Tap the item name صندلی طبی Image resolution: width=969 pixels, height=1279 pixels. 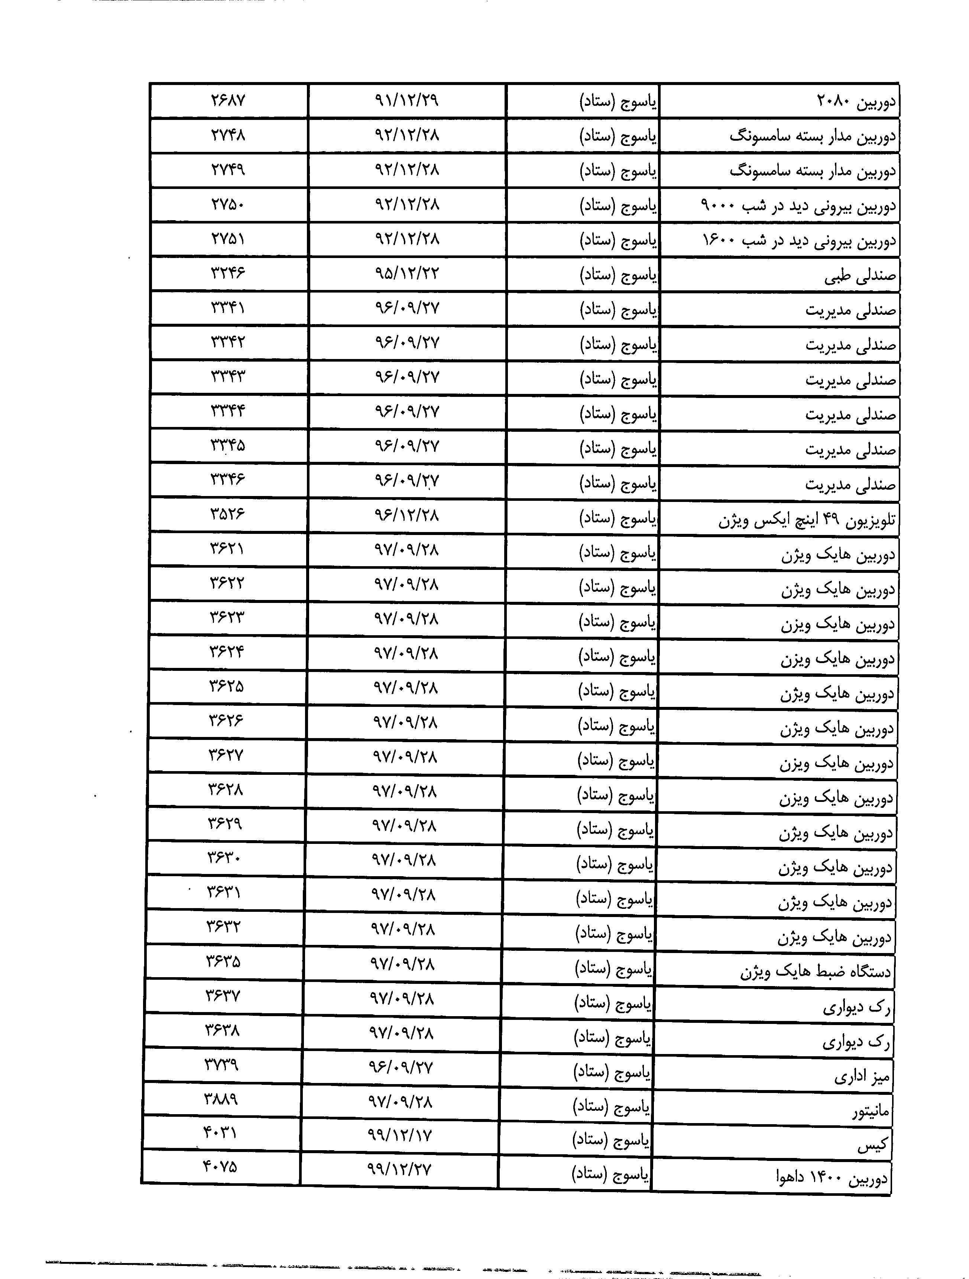(860, 276)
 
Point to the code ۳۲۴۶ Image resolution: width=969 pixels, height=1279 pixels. (228, 273)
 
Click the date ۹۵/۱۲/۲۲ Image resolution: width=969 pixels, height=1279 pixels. (407, 273)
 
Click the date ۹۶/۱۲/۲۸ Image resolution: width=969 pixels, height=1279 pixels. (407, 514)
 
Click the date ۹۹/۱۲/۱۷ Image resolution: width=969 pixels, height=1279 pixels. (399, 1135)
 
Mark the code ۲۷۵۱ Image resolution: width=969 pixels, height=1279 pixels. (228, 238)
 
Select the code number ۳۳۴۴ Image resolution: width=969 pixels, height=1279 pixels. (228, 411)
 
